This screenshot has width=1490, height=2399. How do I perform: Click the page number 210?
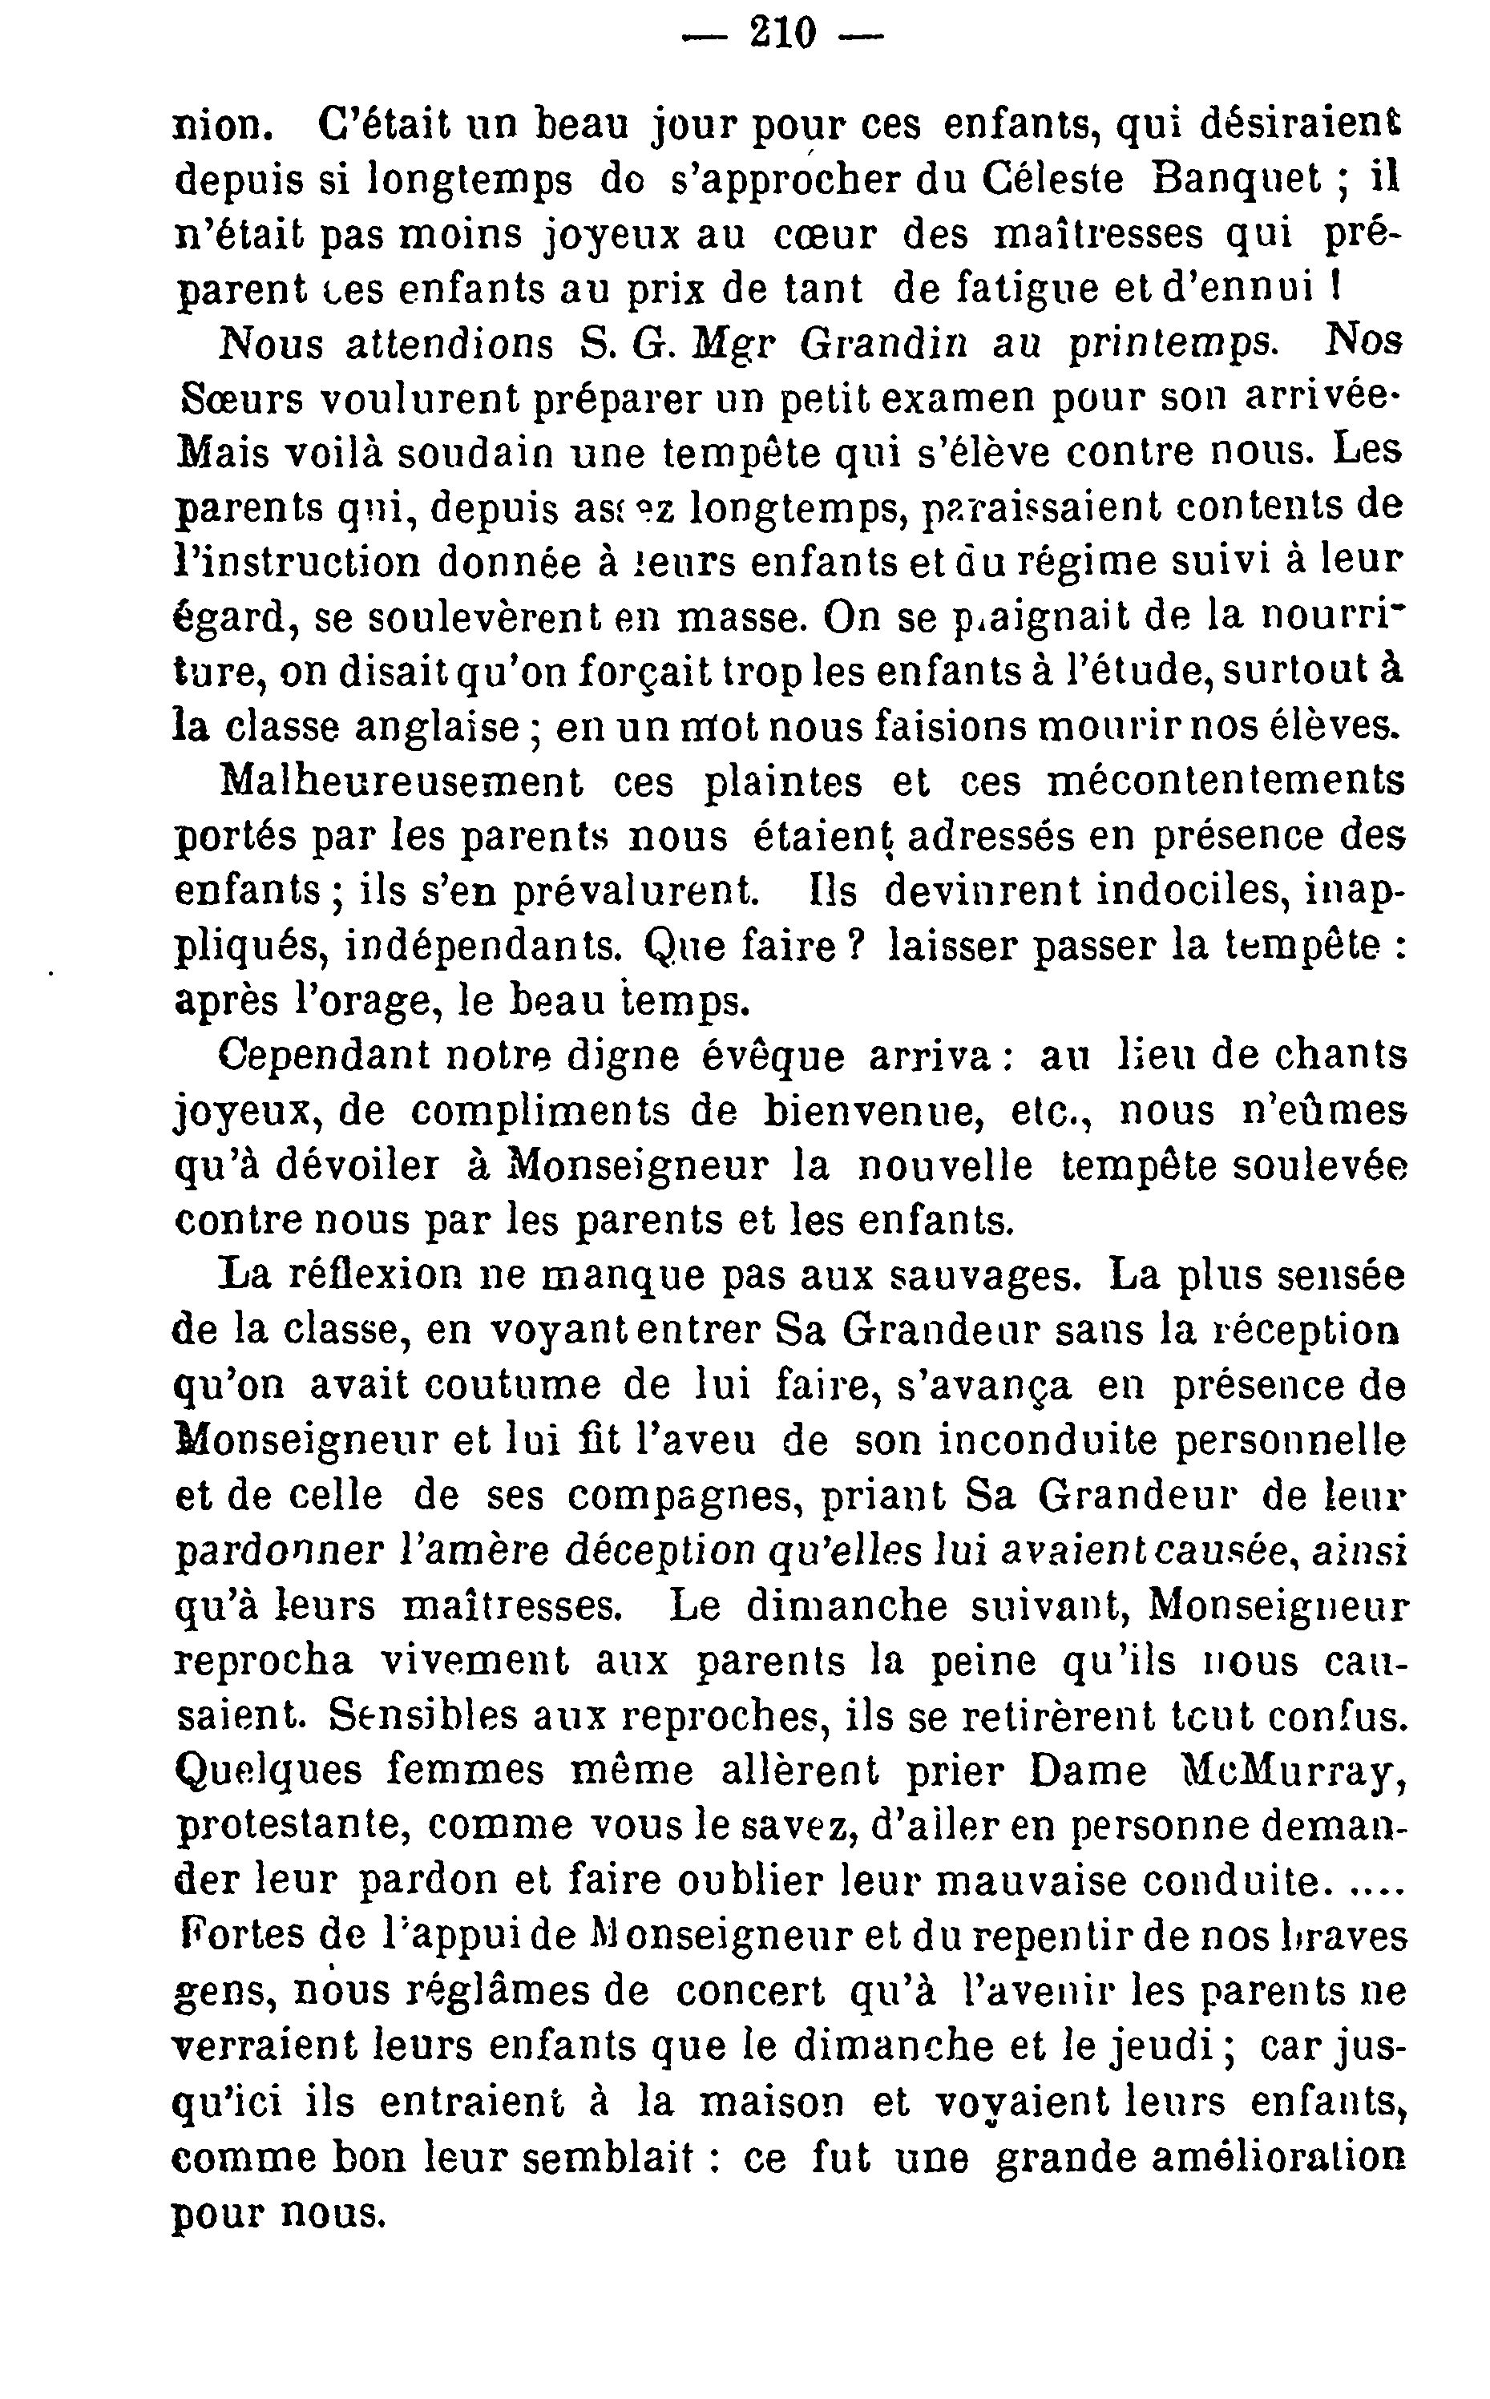point(783,35)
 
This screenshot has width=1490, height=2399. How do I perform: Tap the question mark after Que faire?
point(855,947)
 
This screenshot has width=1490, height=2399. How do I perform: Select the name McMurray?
point(1292,1771)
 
